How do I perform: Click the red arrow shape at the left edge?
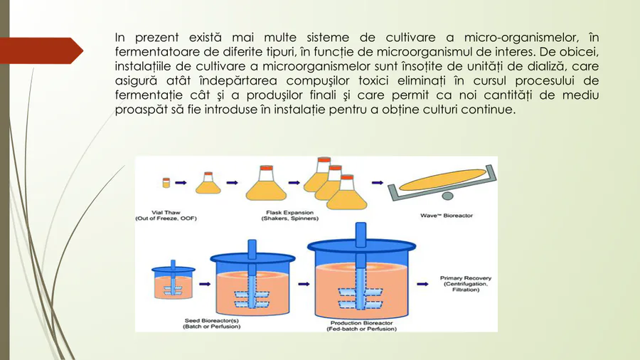click(41, 51)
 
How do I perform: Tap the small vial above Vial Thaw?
click(166, 182)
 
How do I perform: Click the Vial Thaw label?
click(166, 216)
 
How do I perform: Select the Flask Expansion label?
click(290, 216)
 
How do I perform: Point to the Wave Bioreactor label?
click(447, 216)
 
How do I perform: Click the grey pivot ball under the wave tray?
click(448, 196)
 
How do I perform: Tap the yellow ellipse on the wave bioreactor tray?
click(442, 180)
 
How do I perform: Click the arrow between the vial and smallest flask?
click(181, 183)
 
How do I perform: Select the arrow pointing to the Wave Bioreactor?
click(378, 183)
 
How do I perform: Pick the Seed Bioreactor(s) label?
click(211, 324)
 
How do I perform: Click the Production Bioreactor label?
click(362, 326)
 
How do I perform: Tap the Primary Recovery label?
click(466, 284)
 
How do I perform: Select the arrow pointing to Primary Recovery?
click(422, 284)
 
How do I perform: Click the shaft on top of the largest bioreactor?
click(361, 235)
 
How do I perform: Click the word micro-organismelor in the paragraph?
click(521, 38)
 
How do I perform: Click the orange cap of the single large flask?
click(266, 168)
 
